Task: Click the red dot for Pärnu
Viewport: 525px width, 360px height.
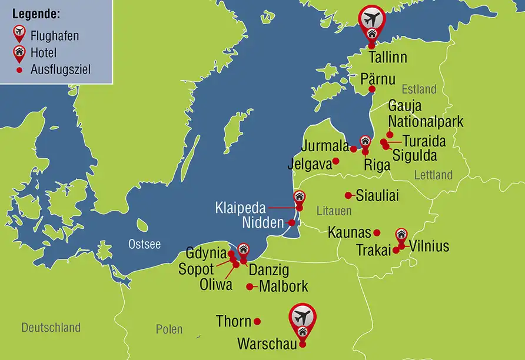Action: pyautogui.click(x=372, y=89)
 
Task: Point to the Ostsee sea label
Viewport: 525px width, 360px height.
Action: pyautogui.click(x=144, y=244)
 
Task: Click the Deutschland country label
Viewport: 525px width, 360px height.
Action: pyautogui.click(x=51, y=328)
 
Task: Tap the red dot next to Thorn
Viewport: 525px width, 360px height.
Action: pyautogui.click(x=257, y=322)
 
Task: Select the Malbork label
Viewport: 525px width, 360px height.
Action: pyautogui.click(x=283, y=287)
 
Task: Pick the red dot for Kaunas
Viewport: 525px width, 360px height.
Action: pyautogui.click(x=377, y=232)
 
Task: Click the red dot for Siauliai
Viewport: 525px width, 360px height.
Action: pyautogui.click(x=348, y=195)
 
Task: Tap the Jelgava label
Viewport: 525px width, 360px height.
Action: pyautogui.click(x=310, y=161)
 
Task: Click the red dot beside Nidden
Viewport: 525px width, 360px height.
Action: pyautogui.click(x=291, y=222)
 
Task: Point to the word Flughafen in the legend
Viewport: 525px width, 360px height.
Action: pyautogui.click(x=56, y=36)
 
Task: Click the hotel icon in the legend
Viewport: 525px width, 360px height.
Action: pyautogui.click(x=20, y=51)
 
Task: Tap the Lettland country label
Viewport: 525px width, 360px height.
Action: pyautogui.click(x=433, y=175)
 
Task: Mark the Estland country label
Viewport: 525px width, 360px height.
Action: pyautogui.click(x=419, y=89)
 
